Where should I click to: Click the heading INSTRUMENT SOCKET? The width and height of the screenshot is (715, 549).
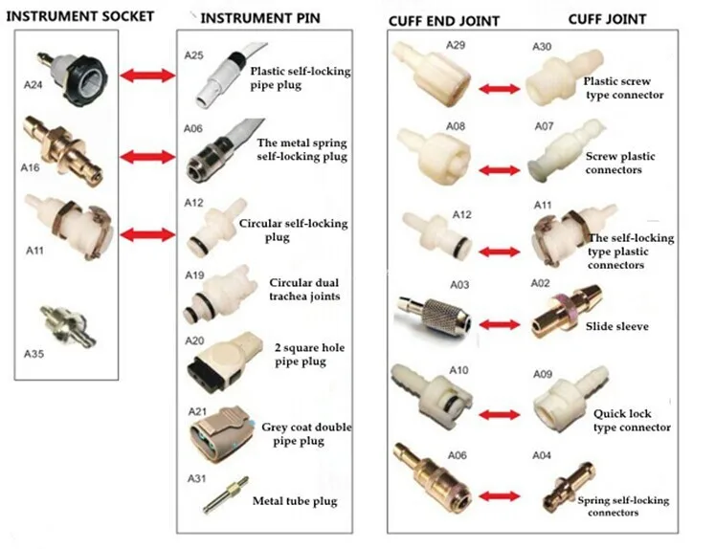tap(79, 16)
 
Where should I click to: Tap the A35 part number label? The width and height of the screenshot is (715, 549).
tap(34, 354)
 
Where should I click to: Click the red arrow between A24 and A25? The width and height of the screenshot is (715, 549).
tap(147, 76)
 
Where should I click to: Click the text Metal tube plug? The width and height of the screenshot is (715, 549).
tap(295, 501)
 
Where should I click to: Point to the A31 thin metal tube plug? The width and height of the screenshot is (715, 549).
tap(226, 495)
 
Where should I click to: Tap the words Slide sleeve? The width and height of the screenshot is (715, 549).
tap(617, 326)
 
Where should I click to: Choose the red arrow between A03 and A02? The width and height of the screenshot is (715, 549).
tap(500, 324)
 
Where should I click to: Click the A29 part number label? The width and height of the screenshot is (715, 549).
tap(456, 45)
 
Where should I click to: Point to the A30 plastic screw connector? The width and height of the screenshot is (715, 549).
tap(563, 79)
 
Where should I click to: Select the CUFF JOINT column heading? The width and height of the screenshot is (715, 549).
tap(607, 19)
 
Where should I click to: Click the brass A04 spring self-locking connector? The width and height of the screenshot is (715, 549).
tap(569, 488)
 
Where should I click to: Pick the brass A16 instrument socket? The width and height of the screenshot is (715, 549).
tap(64, 150)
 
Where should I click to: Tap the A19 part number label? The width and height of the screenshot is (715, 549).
tap(194, 275)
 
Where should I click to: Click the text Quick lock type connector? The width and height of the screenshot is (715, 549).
tap(632, 421)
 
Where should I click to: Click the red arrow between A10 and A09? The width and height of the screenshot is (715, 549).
tap(500, 414)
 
